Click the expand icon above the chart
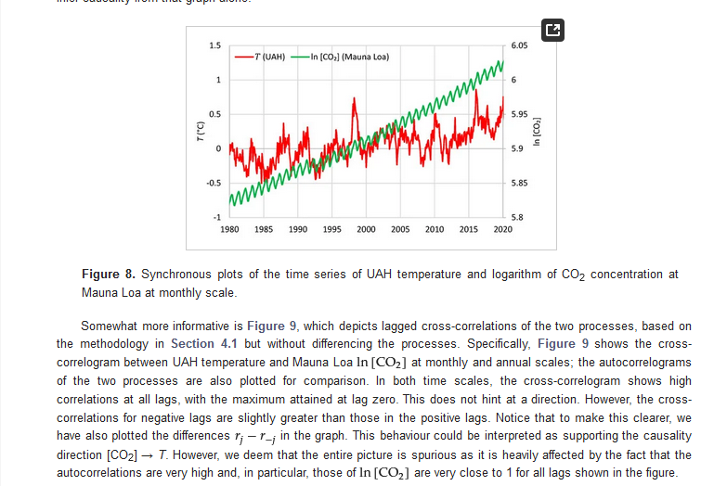[x=552, y=30]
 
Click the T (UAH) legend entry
[x=262, y=57]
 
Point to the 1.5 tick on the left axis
[x=214, y=45]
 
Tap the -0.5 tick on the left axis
[x=214, y=183]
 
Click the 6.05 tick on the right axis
[x=519, y=45]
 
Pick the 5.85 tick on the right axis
[x=519, y=183]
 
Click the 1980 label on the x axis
[x=230, y=228]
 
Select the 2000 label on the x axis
[x=366, y=228]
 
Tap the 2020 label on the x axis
[x=502, y=228]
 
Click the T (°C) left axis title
[x=200, y=132]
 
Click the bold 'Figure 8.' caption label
[x=110, y=275]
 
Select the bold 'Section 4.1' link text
[x=201, y=344]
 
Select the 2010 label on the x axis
[x=435, y=228]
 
